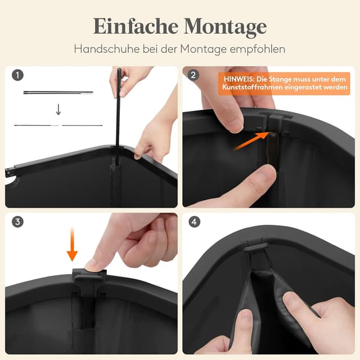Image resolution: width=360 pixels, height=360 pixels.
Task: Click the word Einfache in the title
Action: tap(136, 26)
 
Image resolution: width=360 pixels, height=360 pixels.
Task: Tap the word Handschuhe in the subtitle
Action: tap(107, 49)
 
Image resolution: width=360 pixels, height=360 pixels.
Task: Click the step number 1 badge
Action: tap(17, 75)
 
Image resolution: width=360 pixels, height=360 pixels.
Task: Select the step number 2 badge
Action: tap(193, 75)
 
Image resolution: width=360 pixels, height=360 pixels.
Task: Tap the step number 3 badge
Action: tap(17, 222)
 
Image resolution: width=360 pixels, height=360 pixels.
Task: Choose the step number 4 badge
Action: tap(194, 222)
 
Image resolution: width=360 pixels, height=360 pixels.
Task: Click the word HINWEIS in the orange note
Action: tap(239, 79)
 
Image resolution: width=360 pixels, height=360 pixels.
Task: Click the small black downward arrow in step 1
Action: tap(58, 109)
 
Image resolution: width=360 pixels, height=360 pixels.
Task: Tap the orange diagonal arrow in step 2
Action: tap(251, 141)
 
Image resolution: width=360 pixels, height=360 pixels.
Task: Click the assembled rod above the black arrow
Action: tap(58, 92)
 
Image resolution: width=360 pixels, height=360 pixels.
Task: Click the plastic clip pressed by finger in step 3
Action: tap(88, 277)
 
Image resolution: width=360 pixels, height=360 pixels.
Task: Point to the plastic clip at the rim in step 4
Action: tap(255, 247)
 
